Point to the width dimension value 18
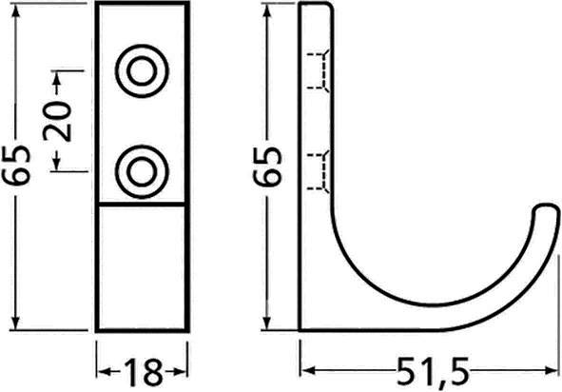pyautogui.click(x=142, y=370)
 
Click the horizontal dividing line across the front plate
pyautogui.click(x=143, y=205)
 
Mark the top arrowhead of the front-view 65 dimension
pyautogui.click(x=21, y=11)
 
